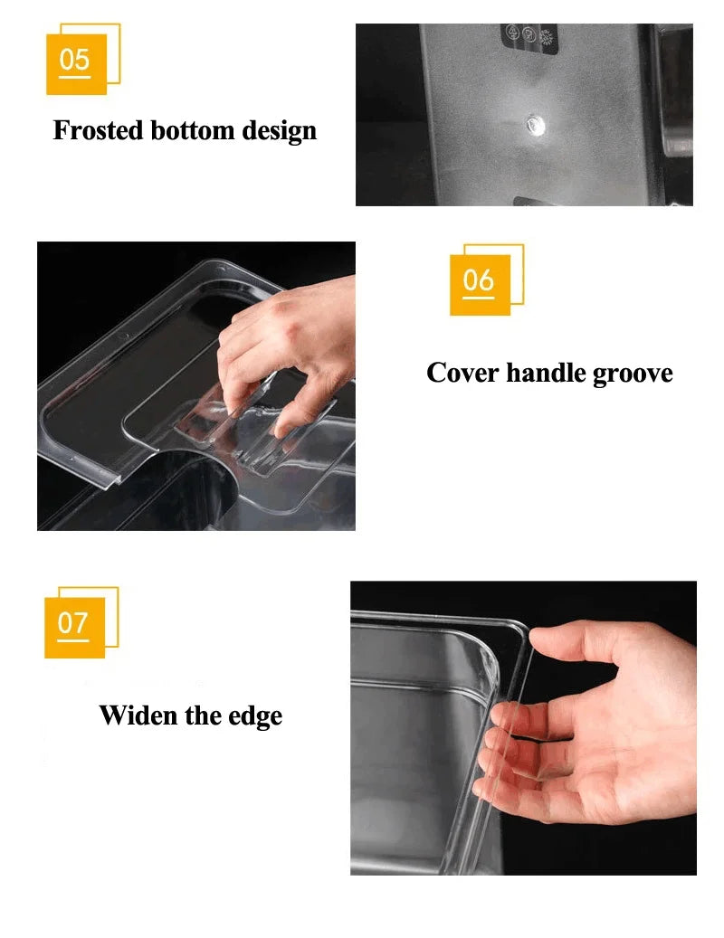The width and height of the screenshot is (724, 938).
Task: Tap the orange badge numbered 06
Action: [480, 284]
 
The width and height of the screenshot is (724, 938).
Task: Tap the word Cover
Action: [462, 373]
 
